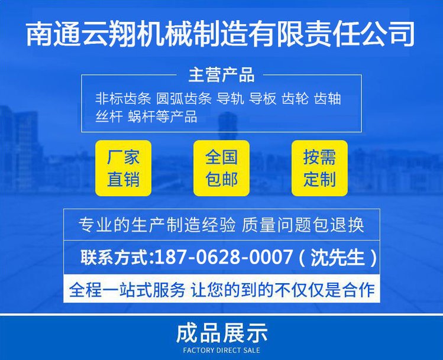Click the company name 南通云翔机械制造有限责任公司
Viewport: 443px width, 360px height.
coord(221,34)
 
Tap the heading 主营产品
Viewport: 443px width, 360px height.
coord(221,75)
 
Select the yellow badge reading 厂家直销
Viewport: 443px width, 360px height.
coord(123,168)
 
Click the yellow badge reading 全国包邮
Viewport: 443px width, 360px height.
coord(221,168)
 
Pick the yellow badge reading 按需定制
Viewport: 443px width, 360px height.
coord(319,168)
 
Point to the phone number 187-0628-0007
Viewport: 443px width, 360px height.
coord(224,257)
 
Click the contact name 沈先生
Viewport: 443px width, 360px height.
coord(338,257)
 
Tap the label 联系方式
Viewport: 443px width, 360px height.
coord(115,257)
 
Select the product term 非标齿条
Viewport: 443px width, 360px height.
coord(123,99)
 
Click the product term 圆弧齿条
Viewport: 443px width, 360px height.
coord(184,99)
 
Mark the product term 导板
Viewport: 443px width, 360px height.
coord(263,99)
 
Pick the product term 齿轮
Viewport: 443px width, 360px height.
coord(295,99)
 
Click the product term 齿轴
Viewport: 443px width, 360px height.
coord(328,99)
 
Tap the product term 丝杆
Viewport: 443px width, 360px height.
coord(109,116)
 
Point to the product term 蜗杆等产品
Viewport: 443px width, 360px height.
coord(163,116)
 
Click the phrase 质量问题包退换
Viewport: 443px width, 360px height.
coord(303,225)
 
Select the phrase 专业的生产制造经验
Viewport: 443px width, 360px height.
coord(157,225)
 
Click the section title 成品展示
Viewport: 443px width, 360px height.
coord(221,333)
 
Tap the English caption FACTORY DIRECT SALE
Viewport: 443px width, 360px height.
coord(221,351)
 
